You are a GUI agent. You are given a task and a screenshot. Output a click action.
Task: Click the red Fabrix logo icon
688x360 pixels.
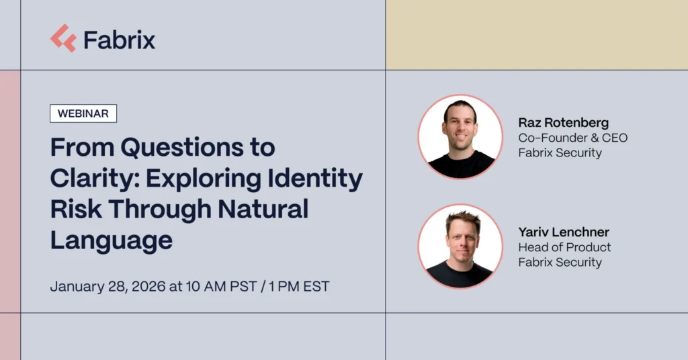click(63, 38)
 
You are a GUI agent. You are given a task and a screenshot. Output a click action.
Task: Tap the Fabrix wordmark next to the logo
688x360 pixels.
click(120, 40)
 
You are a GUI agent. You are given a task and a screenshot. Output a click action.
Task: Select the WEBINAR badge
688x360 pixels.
click(83, 114)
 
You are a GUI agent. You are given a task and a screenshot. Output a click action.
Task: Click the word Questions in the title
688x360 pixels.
click(181, 147)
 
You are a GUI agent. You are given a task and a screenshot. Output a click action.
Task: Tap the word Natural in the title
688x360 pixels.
click(263, 209)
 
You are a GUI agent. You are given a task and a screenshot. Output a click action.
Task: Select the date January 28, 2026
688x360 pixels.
click(108, 287)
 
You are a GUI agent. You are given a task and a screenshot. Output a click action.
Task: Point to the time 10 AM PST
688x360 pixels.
click(221, 286)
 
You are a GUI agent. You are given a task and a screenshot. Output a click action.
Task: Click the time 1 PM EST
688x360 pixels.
click(299, 286)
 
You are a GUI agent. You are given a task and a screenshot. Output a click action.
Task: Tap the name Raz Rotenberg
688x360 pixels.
click(564, 123)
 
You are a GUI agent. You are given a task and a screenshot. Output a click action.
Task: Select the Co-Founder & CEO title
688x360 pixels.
click(573, 138)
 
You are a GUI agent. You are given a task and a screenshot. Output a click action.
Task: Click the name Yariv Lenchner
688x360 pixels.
click(564, 232)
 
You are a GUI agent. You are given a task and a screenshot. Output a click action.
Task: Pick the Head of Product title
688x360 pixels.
click(564, 247)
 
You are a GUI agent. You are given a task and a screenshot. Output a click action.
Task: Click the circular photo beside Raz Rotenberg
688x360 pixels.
click(460, 137)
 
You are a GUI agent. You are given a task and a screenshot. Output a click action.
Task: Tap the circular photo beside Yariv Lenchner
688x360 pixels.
click(460, 246)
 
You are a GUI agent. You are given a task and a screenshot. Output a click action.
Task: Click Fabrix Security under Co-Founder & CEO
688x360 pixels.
click(560, 153)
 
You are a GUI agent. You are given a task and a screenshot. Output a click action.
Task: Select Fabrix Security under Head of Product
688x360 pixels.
click(560, 262)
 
